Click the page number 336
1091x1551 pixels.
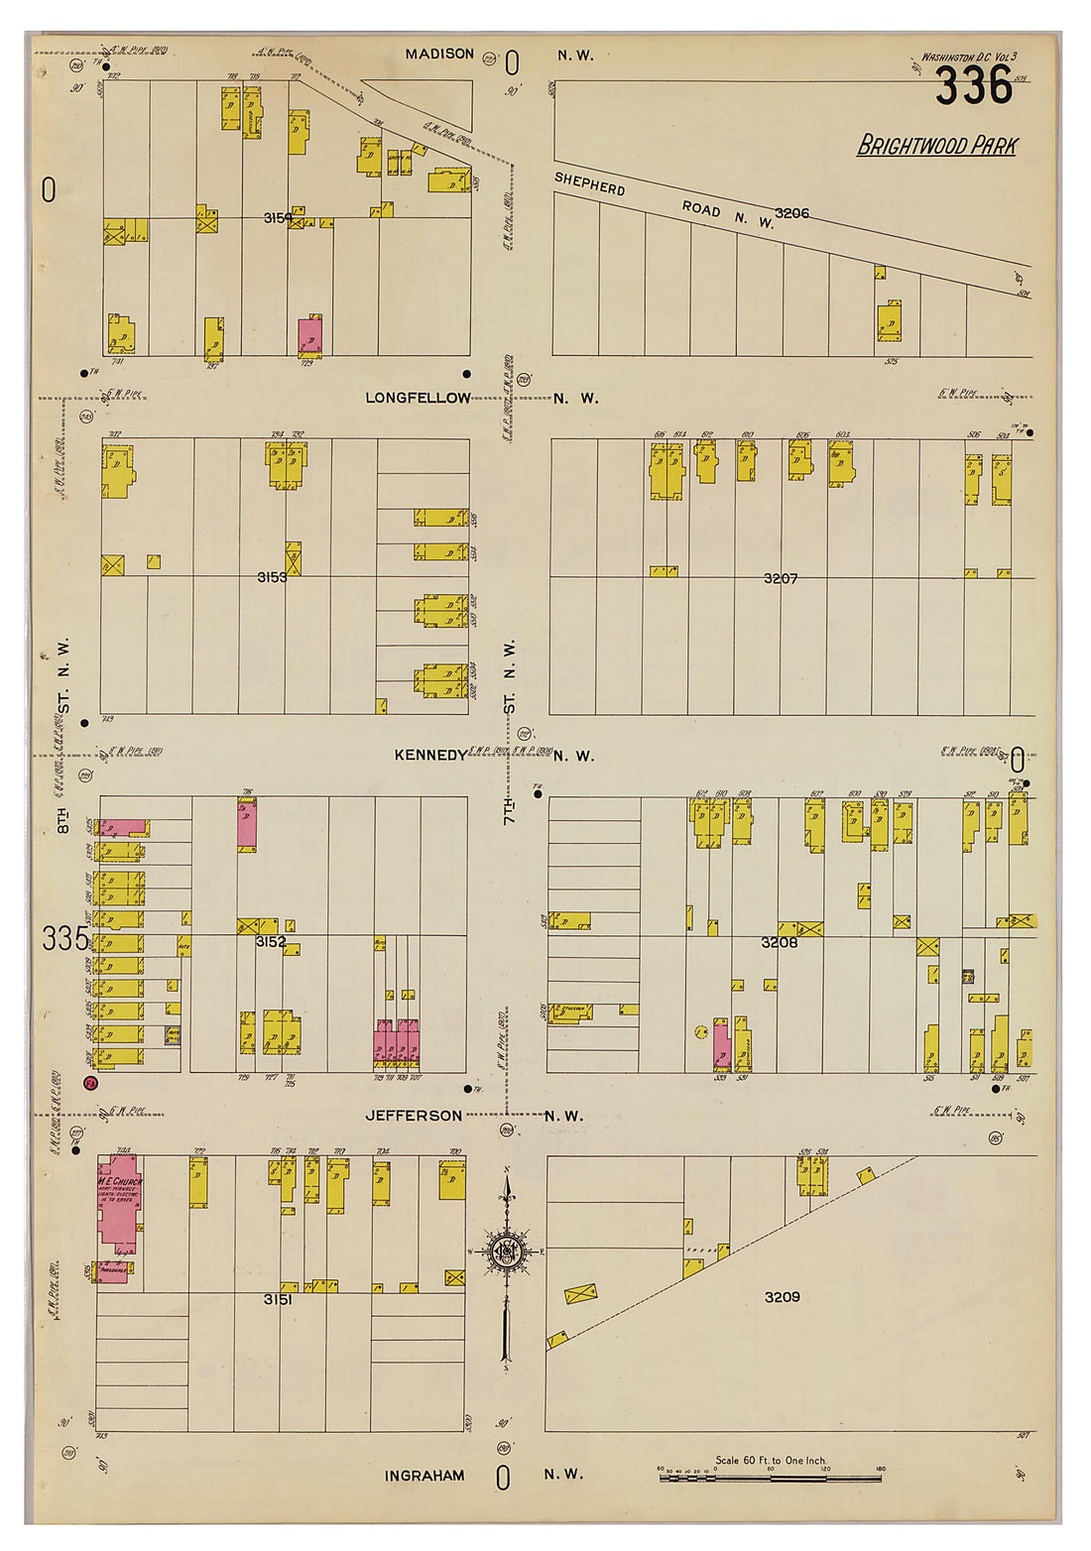973,86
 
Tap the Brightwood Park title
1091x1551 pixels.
936,146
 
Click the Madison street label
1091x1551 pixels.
439,54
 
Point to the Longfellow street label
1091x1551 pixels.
418,398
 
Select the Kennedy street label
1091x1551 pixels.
429,755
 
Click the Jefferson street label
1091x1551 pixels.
414,1116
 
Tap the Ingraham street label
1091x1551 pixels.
424,1476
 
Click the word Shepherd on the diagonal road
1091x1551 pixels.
589,184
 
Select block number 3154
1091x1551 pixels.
278,217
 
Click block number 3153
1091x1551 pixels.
272,576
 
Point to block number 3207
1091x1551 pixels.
780,577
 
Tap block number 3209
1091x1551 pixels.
782,1296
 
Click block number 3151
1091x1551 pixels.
278,1298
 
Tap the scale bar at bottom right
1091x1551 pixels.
770,1478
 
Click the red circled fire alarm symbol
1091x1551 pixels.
90,1084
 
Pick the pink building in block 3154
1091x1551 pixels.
310,336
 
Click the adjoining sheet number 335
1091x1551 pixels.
64,938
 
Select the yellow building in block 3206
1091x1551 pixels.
889,321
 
